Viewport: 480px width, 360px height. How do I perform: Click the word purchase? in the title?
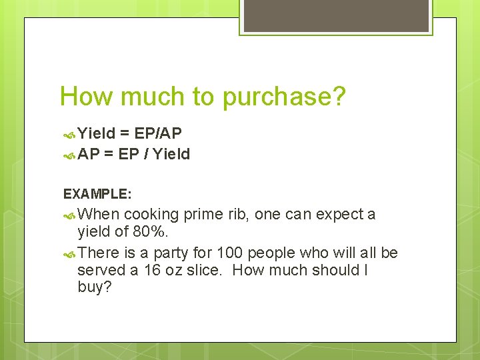(x=285, y=97)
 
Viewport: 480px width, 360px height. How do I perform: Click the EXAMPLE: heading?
(x=97, y=194)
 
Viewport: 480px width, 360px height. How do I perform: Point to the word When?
(x=99, y=214)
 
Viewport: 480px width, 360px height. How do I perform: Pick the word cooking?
(x=151, y=215)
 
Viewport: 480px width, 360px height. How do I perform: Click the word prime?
(x=203, y=215)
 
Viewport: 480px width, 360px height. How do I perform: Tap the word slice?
(x=202, y=270)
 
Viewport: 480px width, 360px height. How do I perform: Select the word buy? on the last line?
(x=93, y=289)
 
